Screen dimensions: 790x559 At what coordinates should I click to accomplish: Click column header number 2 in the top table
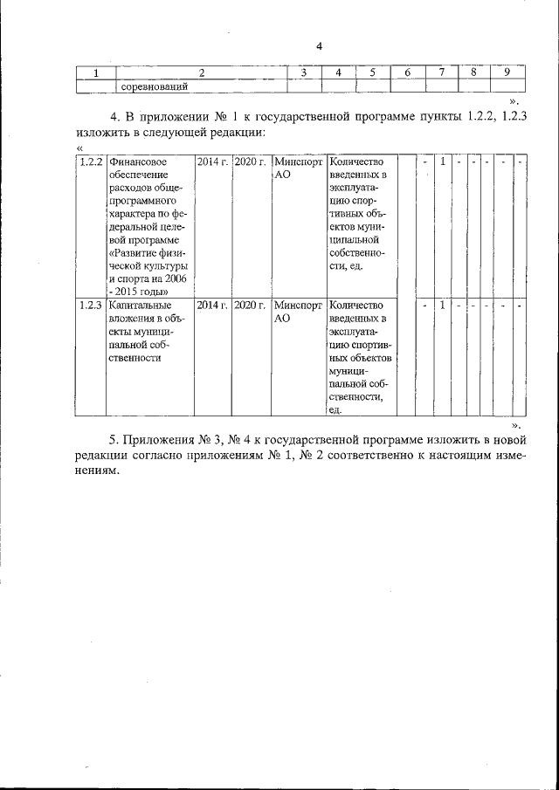coord(202,72)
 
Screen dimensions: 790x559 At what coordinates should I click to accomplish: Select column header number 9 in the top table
coord(507,72)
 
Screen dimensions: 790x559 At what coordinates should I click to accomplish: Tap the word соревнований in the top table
coord(155,86)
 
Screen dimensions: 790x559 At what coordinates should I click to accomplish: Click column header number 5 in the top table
coord(371,72)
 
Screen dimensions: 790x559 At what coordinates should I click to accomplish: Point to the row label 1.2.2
coord(91,162)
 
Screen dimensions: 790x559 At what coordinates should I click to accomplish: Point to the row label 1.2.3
coord(91,305)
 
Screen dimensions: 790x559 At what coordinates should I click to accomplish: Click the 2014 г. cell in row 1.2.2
coord(212,162)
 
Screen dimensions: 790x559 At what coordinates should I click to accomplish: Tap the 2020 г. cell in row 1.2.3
coord(251,305)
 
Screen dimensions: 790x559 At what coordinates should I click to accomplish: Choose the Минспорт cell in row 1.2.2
coord(297,162)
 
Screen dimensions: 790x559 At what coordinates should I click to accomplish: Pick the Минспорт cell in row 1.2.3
coord(297,305)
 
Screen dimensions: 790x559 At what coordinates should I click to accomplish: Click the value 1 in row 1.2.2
coord(443,162)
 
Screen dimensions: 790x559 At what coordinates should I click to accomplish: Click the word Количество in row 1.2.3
coord(356,305)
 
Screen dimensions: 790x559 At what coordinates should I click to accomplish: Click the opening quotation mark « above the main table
coord(67,148)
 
